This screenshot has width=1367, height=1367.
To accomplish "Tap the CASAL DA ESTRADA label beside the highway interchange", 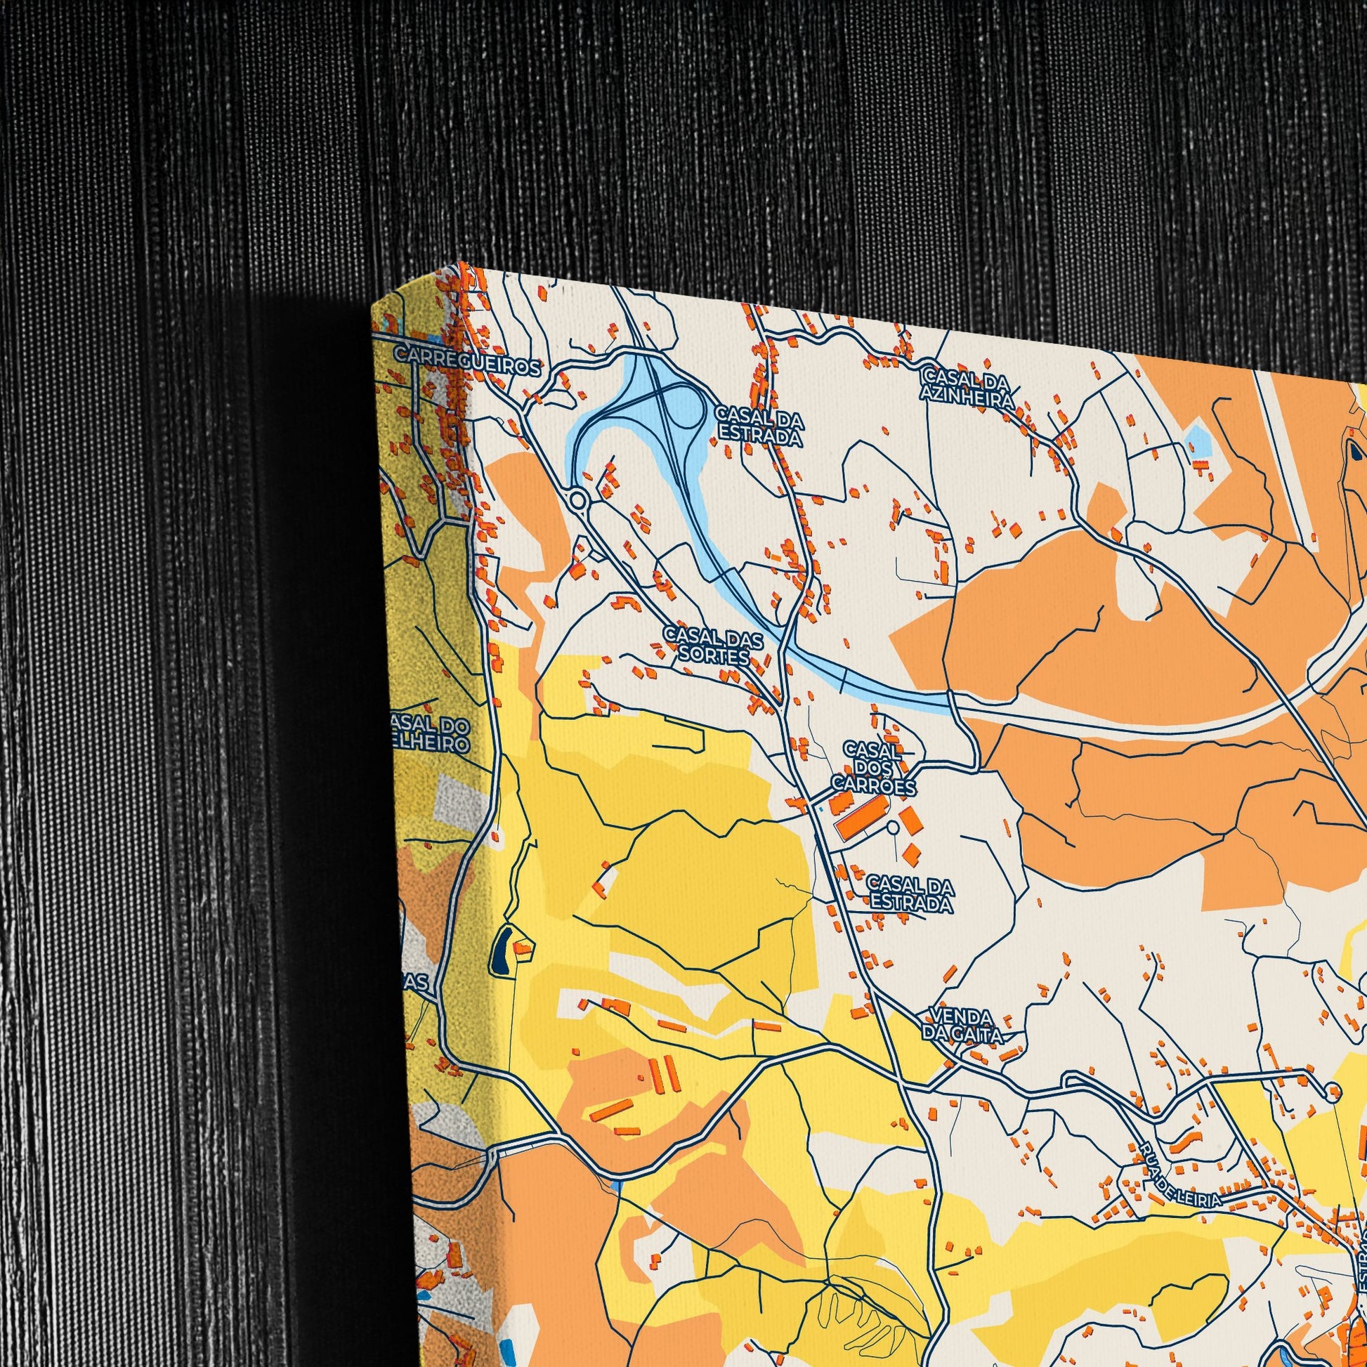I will tap(759, 426).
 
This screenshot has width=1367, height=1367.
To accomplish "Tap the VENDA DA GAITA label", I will tap(962, 1026).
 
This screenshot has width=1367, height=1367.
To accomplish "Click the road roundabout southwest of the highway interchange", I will tap(578, 500).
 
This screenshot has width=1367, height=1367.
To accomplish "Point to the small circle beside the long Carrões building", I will tap(893, 827).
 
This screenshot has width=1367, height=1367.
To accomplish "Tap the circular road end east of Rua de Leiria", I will tap(1333, 1090).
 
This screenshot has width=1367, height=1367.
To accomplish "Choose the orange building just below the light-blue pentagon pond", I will tap(1201, 464).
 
